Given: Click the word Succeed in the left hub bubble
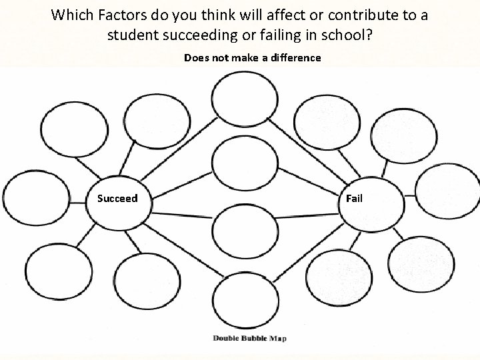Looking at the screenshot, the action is [x=117, y=198].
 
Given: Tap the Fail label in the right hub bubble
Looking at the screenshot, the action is [x=355, y=198].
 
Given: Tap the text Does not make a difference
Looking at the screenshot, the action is [x=252, y=58].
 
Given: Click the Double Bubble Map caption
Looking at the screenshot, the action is [x=249, y=338].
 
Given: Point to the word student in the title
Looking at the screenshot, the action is [x=134, y=35].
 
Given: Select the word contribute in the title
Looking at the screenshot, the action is [x=357, y=15].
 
